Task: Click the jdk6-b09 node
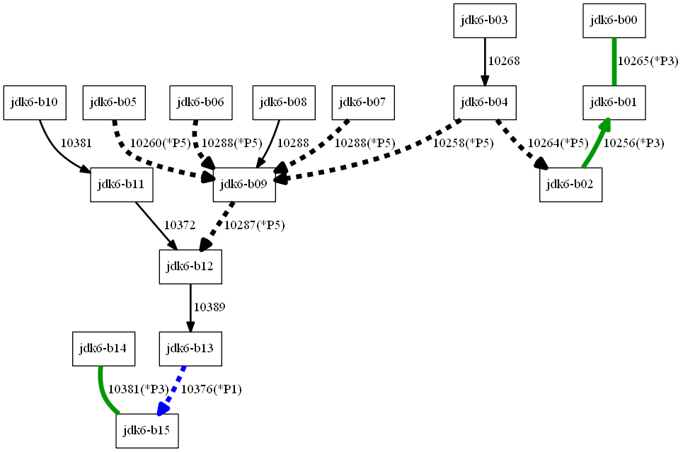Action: click(244, 185)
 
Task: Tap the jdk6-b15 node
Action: click(147, 431)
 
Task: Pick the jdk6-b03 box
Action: click(485, 21)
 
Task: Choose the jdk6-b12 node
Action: click(190, 267)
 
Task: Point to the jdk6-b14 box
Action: click(103, 349)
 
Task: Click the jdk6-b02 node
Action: click(570, 185)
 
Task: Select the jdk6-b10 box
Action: click(35, 103)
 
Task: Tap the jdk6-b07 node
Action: click(363, 103)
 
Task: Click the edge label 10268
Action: click(504, 62)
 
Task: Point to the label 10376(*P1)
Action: click(212, 389)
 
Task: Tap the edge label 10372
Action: click(180, 226)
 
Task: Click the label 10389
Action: click(210, 308)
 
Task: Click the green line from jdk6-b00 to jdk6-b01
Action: click(614, 62)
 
